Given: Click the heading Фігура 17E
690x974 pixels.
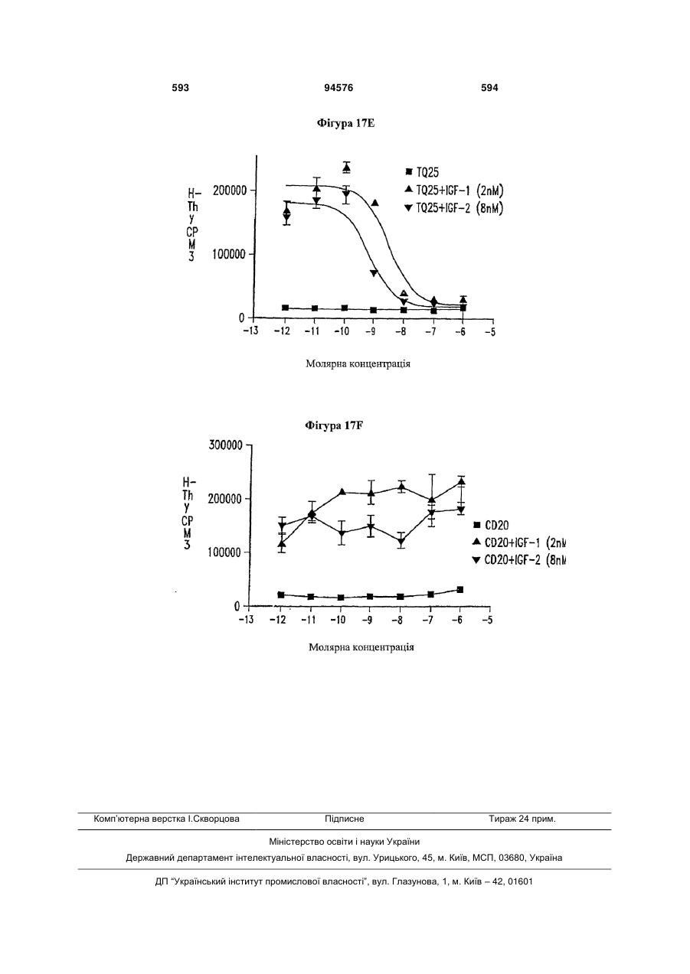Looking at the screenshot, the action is pyautogui.click(x=345, y=124).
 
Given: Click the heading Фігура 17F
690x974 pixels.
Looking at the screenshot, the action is pyautogui.click(x=334, y=425).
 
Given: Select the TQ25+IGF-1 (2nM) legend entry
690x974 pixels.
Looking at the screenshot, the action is pyautogui.click(x=454, y=191).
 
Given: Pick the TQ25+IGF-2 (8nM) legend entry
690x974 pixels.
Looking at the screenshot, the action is pyautogui.click(x=454, y=208).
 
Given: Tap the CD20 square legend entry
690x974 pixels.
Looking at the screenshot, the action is pyautogui.click(x=491, y=526).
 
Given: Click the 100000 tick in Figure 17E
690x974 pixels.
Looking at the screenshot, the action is pyautogui.click(x=229, y=254).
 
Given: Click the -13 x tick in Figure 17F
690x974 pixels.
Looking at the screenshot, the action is pyautogui.click(x=246, y=620).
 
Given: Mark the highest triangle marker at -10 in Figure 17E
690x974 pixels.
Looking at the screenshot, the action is pyautogui.click(x=346, y=168).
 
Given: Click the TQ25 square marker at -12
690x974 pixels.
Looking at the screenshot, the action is pyautogui.click(x=285, y=308).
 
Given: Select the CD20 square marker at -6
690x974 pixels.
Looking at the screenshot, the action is pyautogui.click(x=460, y=590).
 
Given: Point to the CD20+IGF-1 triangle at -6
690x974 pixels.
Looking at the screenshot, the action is pyautogui.click(x=462, y=481).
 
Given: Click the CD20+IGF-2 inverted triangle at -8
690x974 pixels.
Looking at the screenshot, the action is pyautogui.click(x=401, y=542).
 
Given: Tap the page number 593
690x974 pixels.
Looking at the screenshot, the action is pyautogui.click(x=181, y=88).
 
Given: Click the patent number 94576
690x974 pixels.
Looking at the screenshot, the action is pyautogui.click(x=338, y=88).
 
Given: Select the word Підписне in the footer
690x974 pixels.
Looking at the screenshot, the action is pyautogui.click(x=345, y=819).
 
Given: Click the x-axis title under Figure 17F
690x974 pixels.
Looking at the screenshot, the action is pyautogui.click(x=361, y=647).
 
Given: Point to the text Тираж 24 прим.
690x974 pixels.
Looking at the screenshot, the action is pyautogui.click(x=522, y=819).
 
